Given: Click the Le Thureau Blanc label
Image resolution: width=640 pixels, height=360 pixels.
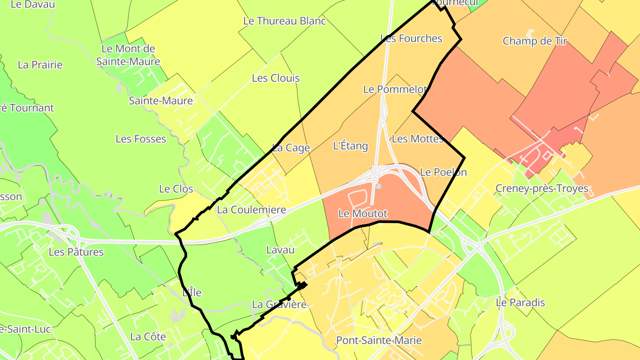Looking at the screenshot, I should point(284,21).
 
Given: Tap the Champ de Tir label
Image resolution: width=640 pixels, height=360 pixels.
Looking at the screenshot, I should point(535,41).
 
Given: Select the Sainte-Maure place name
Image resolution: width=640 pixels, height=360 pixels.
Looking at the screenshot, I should point(161,101).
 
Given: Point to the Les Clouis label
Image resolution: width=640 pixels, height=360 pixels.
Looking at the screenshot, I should point(276,78).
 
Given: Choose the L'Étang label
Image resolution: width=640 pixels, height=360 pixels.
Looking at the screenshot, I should point(350,146).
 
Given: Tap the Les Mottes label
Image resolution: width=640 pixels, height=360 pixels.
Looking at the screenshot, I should point(418,139).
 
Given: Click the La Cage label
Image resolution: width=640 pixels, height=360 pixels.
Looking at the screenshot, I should point(291,148).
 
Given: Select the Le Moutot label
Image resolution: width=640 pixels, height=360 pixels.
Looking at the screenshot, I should point(363,214).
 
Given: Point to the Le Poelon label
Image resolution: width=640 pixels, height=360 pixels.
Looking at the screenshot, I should point(443,172).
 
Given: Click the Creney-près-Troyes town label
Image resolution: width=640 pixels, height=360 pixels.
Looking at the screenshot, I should point(542,188).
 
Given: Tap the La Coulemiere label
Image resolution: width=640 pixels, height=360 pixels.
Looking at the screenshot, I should point(251,210).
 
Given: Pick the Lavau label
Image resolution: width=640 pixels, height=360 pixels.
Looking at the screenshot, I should point(280,250).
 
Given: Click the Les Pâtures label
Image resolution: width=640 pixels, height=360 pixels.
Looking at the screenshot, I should point(76,252).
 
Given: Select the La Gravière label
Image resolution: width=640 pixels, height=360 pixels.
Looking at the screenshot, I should point(279,305).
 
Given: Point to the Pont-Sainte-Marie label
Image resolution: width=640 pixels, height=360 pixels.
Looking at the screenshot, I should point(379,340).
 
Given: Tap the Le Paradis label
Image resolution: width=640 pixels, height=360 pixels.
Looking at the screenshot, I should point(520,303).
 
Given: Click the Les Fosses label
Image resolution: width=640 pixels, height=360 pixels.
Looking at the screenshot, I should point(141,139).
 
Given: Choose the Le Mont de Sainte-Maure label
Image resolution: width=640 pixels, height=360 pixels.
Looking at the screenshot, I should point(128,55).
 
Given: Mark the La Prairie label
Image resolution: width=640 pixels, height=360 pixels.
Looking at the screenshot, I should point(40,65).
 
